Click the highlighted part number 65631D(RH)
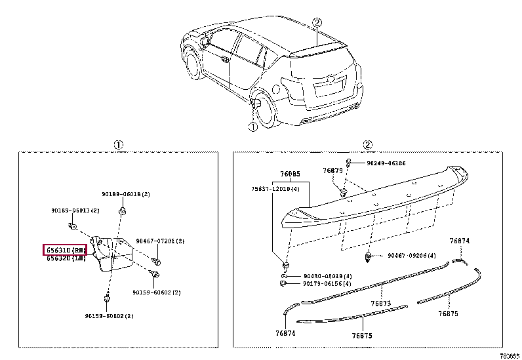[65, 250]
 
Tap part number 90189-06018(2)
[126, 195]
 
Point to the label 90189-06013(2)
[75, 210]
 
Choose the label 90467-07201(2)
[160, 241]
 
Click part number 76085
[291, 174]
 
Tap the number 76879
[332, 170]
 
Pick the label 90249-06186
[386, 163]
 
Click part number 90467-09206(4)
[411, 255]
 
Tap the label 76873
[380, 304]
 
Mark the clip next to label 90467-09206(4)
[369, 255]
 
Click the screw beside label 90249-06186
[350, 162]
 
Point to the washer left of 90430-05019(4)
[284, 276]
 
